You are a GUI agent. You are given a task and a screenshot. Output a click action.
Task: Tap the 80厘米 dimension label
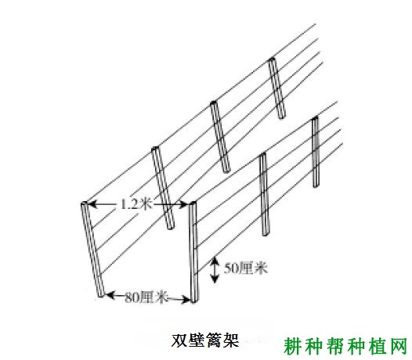click(146, 297)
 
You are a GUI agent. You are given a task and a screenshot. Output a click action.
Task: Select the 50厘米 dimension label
click(245, 268)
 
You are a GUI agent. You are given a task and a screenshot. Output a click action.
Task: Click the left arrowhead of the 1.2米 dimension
click(92, 204)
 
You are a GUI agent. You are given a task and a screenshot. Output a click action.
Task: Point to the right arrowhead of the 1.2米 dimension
click(183, 204)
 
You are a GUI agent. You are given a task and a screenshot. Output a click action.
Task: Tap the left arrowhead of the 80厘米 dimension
click(110, 295)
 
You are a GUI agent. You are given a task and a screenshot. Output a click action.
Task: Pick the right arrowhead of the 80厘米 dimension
click(186, 299)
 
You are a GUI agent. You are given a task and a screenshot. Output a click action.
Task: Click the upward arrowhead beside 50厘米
click(215, 261)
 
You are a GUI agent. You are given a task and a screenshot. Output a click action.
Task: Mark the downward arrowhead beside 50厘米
click(215, 279)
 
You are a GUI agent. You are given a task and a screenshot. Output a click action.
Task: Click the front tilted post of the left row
click(92, 250)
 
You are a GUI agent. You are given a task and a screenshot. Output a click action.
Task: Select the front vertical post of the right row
click(193, 252)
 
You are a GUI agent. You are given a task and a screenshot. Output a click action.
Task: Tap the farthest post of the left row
click(276, 88)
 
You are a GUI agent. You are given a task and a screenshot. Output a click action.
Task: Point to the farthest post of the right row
click(316, 152)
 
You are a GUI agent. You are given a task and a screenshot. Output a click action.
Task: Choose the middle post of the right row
click(264, 194)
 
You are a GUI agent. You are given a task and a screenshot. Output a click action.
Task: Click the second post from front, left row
click(163, 188)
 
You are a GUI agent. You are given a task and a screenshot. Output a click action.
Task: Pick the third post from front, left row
click(220, 136)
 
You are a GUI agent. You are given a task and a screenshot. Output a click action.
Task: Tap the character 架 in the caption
click(230, 340)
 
